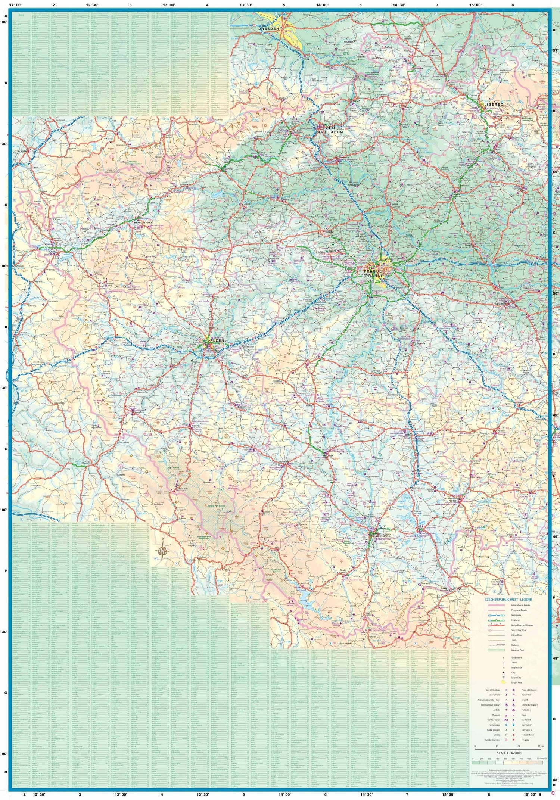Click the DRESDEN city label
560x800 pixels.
pyautogui.click(x=269, y=28)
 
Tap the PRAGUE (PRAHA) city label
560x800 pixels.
pyautogui.click(x=373, y=273)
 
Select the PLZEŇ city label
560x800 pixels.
pyautogui.click(x=217, y=340)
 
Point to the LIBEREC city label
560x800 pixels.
pyautogui.click(x=494, y=105)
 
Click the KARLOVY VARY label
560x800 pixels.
pyautogui.click(x=143, y=222)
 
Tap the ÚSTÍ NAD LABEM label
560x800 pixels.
pyautogui.click(x=330, y=130)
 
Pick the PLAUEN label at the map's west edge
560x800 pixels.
pyautogui.click(x=22, y=152)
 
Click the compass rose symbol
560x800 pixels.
pyautogui.click(x=162, y=550)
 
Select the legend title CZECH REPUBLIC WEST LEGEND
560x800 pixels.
pyautogui.click(x=508, y=600)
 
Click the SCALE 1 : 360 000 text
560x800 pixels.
pyautogui.click(x=509, y=753)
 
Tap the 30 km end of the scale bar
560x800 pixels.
pyautogui.click(x=541, y=746)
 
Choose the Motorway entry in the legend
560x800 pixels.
pyautogui.click(x=516, y=615)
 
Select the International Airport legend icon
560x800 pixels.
pyautogui.click(x=506, y=705)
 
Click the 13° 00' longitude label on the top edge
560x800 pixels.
pyautogui.click(x=169, y=5)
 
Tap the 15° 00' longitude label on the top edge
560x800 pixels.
pyautogui.click(x=475, y=5)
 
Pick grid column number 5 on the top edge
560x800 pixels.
pyautogui.click(x=284, y=5)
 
